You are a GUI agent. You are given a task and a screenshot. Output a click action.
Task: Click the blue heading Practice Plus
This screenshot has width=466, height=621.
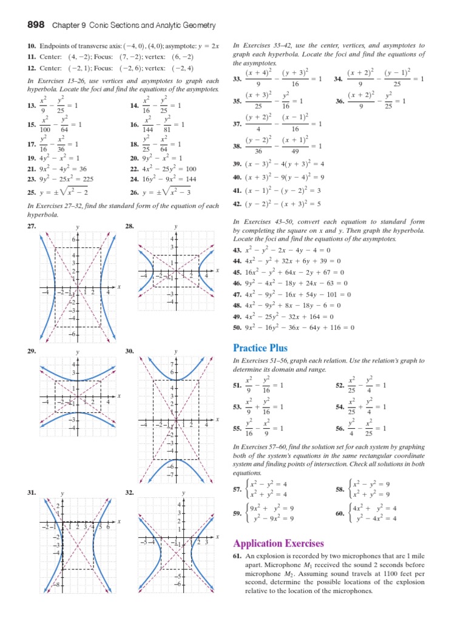[260, 348]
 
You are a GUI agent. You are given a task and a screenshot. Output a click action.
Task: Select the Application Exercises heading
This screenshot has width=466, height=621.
[277, 543]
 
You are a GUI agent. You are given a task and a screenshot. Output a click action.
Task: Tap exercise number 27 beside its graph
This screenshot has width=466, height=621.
[32, 226]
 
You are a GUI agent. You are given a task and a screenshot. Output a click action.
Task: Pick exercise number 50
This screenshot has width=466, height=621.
[237, 328]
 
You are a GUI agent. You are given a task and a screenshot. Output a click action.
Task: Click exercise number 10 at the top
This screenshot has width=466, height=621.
[32, 46]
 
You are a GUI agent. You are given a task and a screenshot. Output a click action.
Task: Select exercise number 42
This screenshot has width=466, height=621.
[237, 203]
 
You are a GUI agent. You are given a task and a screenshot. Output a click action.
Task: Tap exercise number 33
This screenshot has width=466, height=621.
[237, 79]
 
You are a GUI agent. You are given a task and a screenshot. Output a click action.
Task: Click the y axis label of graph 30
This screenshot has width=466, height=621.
[176, 352]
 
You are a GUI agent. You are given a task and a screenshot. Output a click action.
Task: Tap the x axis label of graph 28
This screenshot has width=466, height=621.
[217, 270]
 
